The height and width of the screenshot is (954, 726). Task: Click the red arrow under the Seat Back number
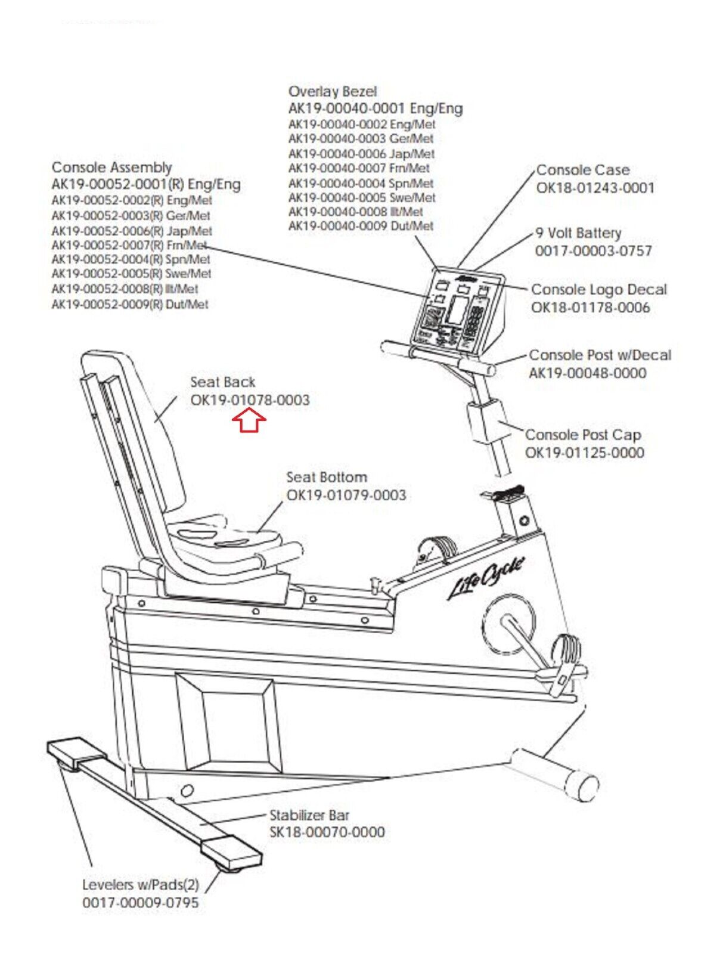(x=249, y=422)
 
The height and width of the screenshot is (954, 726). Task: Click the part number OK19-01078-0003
(x=250, y=400)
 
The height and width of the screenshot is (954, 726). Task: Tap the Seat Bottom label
(x=327, y=477)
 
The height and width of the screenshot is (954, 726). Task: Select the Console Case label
(x=582, y=170)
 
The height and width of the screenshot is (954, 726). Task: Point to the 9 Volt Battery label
(x=578, y=233)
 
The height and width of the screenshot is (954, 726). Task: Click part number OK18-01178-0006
(x=590, y=308)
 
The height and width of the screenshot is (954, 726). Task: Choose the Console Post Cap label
(x=582, y=435)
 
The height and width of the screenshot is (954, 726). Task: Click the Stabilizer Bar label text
(x=309, y=815)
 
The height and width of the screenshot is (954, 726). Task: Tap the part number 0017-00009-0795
(x=141, y=903)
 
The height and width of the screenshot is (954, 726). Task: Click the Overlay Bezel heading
(x=333, y=92)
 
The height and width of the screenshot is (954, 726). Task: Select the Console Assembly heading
(x=111, y=168)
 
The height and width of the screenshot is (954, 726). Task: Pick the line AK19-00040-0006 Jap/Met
(x=361, y=153)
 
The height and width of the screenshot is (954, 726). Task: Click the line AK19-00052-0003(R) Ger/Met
(x=131, y=215)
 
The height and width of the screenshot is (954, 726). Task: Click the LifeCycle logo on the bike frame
(x=486, y=578)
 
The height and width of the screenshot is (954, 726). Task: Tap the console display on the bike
(x=458, y=311)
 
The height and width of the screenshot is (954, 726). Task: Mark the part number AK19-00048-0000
(x=587, y=373)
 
